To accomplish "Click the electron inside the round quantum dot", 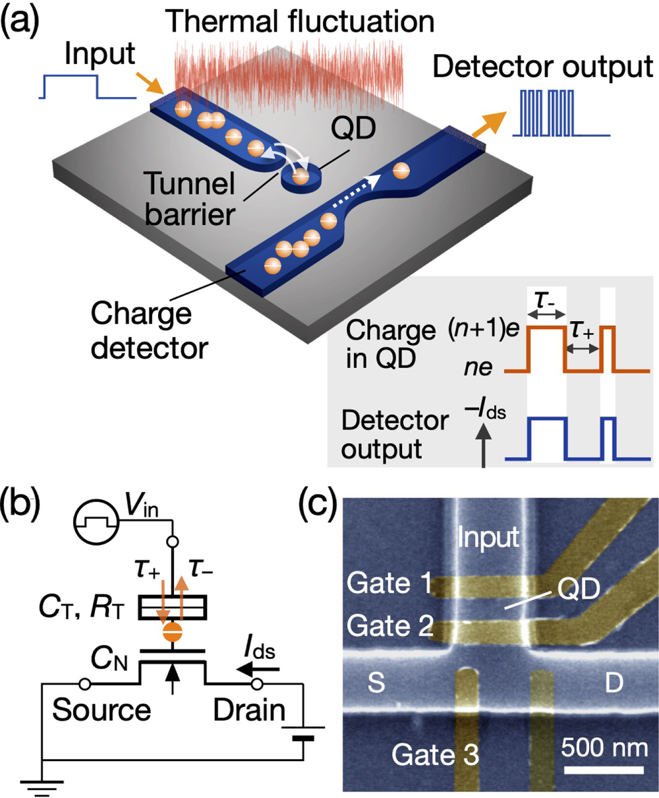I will [x=300, y=176].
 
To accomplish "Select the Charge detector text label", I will [x=148, y=330].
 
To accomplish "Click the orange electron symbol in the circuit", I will [x=173, y=632].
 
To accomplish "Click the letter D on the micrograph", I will [x=614, y=683].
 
